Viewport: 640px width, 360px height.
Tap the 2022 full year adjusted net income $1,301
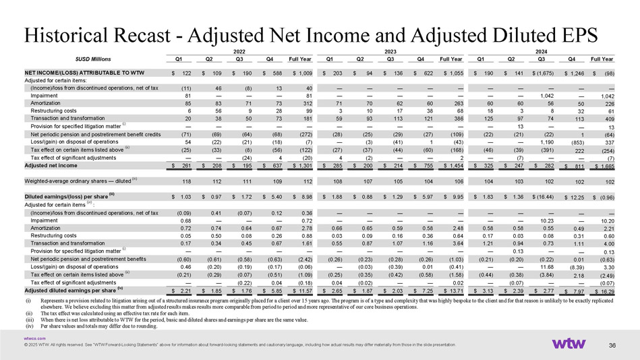point(300,164)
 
